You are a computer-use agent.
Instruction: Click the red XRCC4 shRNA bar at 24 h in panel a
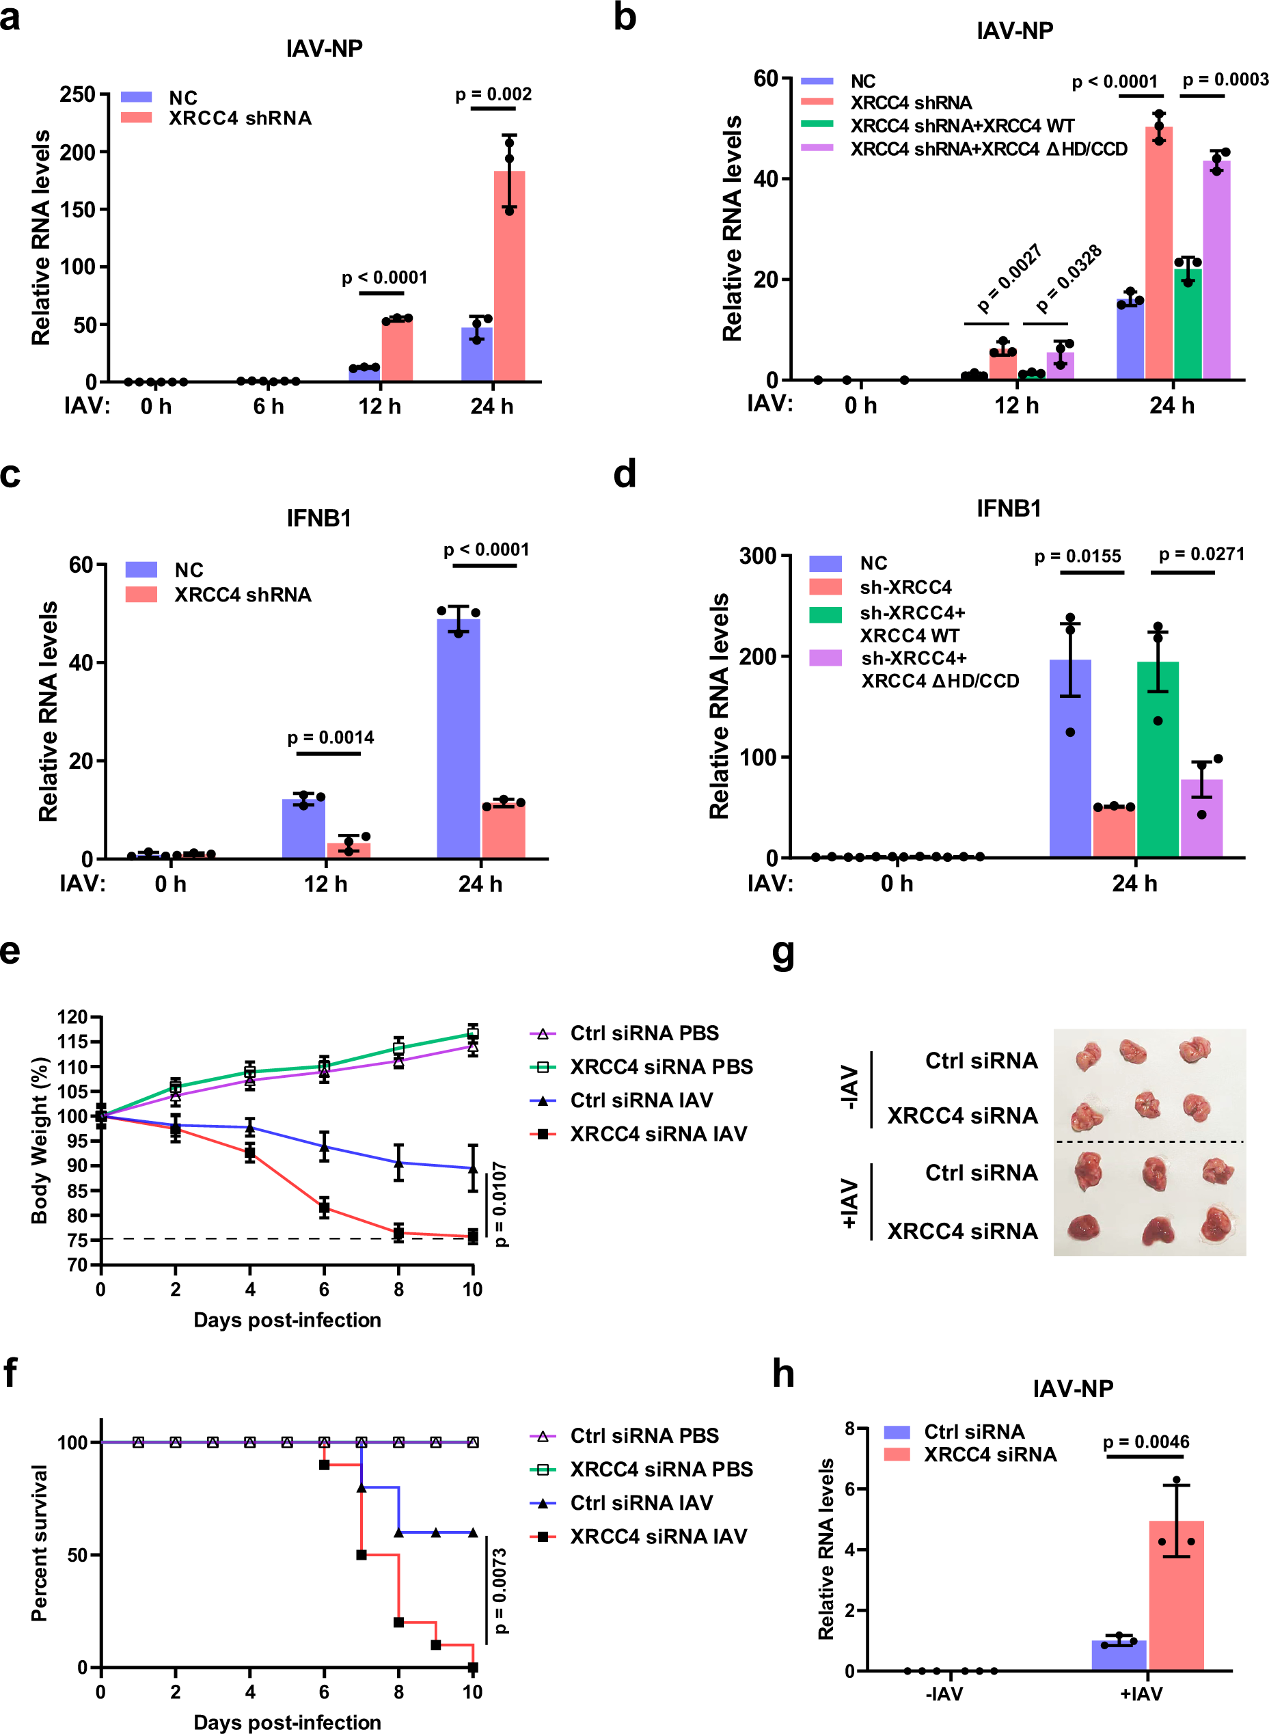pos(509,277)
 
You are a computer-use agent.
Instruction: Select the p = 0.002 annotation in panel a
pos(493,94)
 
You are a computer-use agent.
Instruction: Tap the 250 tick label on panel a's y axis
pos(78,94)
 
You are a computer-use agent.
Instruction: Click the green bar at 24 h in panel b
pos(1188,323)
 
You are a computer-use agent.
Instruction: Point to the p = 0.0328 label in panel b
pos(1069,279)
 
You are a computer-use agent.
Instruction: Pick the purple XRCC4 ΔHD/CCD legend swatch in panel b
pos(817,148)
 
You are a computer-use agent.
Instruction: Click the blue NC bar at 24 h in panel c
pos(459,737)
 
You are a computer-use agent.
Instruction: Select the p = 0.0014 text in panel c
pos(330,737)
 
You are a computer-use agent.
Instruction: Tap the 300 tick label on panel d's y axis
pos(757,556)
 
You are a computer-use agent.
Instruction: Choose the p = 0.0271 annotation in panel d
pos(1201,554)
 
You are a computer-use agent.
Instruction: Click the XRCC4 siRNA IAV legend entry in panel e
pos(657,1134)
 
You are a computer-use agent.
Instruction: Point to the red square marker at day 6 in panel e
pos(324,1207)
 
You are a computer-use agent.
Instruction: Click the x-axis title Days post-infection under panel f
pos(286,1722)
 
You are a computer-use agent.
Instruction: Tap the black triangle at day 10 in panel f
pos(472,1532)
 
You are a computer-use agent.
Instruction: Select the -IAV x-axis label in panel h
pos(944,1693)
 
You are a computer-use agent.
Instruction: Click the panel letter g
pos(782,955)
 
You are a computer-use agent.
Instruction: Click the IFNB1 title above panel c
pos(318,519)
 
